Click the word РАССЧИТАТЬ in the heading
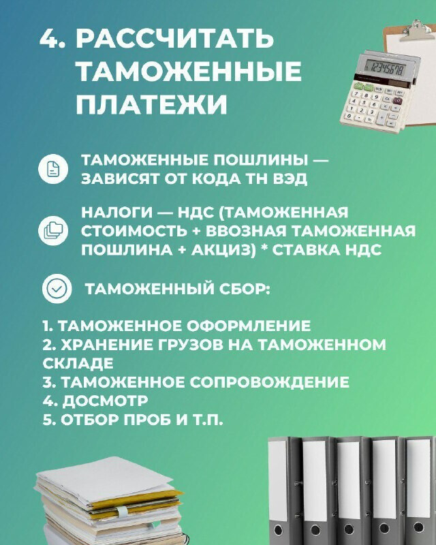pyautogui.click(x=175, y=38)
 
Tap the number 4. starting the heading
pyautogui.click(x=52, y=38)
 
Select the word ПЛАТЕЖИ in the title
pyautogui.click(x=152, y=104)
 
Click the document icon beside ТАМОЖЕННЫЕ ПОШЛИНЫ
pyautogui.click(x=53, y=169)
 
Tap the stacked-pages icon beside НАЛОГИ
pyautogui.click(x=53, y=230)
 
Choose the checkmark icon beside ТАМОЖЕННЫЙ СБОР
pyautogui.click(x=57, y=288)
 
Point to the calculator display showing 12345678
pyautogui.click(x=386, y=68)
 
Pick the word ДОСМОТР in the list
pyautogui.click(x=105, y=401)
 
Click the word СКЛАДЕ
pyautogui.click(x=78, y=363)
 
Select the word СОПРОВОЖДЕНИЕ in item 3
pyautogui.click(x=269, y=382)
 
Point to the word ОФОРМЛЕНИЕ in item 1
pyautogui.click(x=249, y=326)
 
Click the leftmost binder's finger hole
pyautogui.click(x=279, y=531)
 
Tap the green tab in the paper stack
pyautogui.click(x=122, y=510)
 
